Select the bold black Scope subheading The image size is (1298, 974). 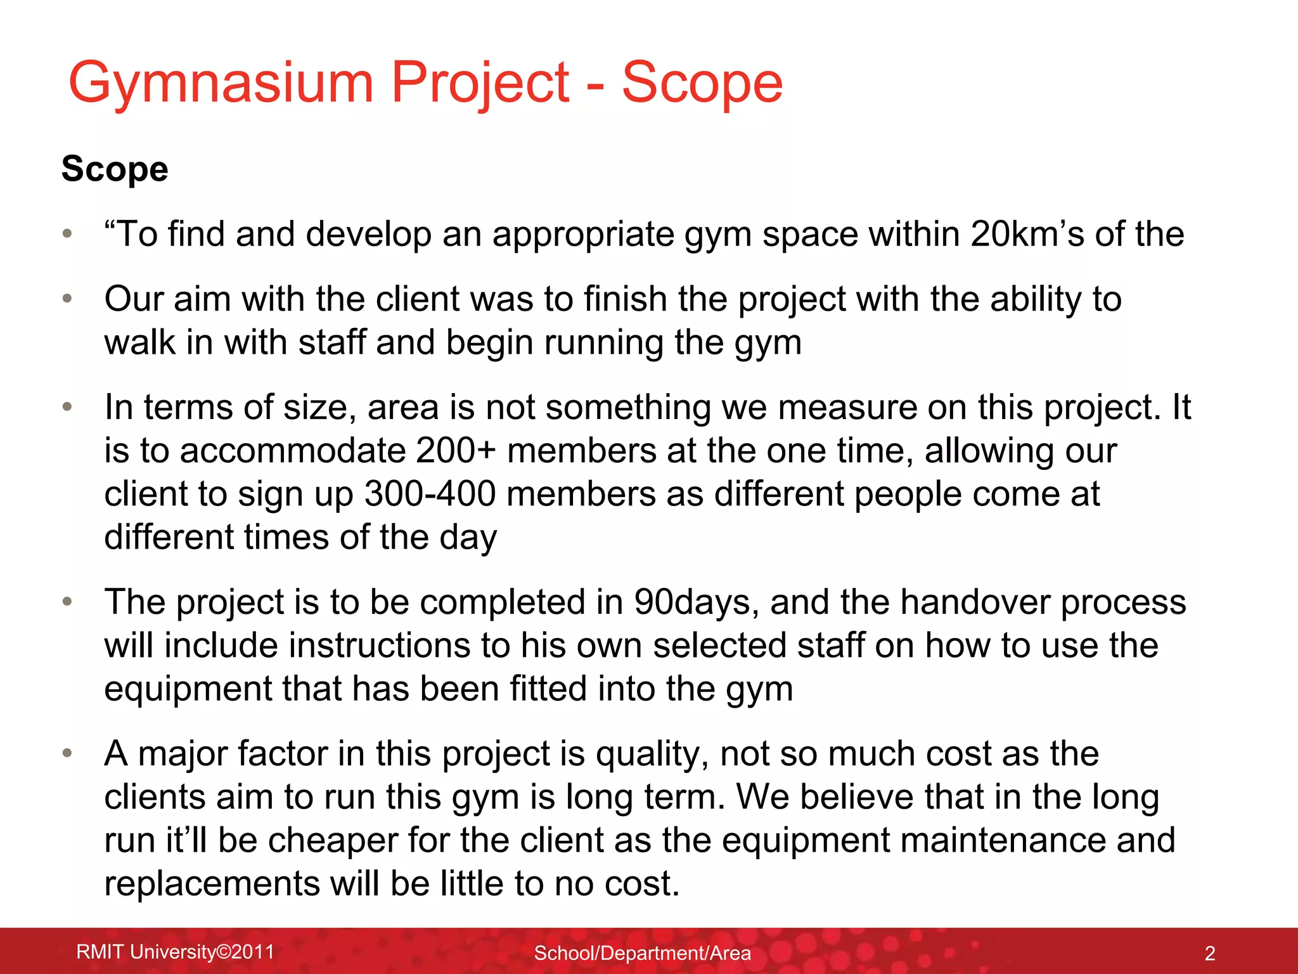[x=115, y=169]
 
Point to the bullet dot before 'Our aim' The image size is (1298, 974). [x=68, y=299]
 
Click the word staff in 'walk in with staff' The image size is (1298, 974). [x=331, y=343]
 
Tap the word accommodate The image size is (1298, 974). [x=292, y=451]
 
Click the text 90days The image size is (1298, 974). [x=696, y=602]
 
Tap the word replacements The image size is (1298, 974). [x=212, y=884]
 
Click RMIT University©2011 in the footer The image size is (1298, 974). [x=175, y=952]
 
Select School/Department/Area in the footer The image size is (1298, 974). [x=642, y=953]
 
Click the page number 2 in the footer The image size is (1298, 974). [x=1209, y=953]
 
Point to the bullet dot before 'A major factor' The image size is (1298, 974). [x=68, y=753]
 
